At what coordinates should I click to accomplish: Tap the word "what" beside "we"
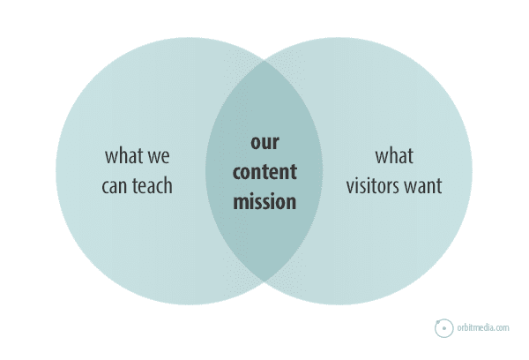coord(123,155)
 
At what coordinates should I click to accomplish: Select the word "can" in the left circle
coord(114,187)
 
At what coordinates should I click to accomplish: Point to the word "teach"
coord(153,185)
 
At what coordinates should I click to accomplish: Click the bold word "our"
coord(264,143)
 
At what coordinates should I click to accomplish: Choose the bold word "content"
coord(264,171)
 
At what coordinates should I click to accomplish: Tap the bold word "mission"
coord(264,201)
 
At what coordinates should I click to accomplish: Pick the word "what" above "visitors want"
coord(394,155)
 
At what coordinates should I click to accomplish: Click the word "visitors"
coord(372,185)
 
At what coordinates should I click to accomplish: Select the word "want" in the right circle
coord(423,187)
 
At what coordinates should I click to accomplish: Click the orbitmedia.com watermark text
coord(483,327)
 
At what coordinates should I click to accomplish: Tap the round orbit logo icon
coord(444,328)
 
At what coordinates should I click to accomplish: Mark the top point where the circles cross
coord(264,61)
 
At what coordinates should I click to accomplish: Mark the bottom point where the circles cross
coord(264,281)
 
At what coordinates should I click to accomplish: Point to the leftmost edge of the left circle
coord(56,171)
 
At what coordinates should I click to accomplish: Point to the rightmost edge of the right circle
coord(473,171)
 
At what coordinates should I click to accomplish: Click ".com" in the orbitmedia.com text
coord(502,328)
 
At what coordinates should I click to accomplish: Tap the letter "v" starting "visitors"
coord(350,188)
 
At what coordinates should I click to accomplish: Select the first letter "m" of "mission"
coord(242,203)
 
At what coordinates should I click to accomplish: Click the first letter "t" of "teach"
coord(135,186)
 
